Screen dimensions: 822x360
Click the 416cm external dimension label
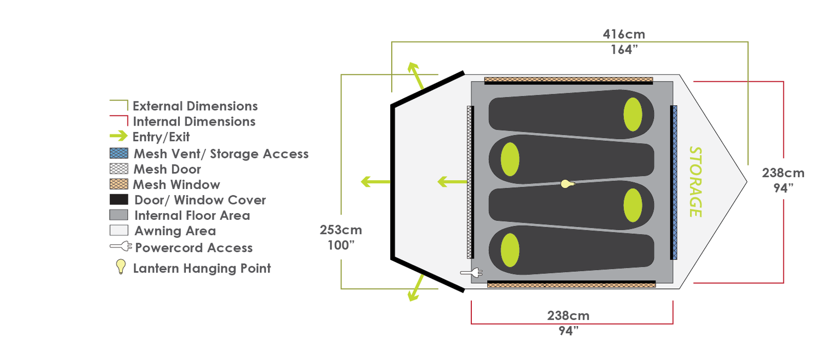click(x=624, y=35)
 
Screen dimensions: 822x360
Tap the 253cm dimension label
click(x=341, y=230)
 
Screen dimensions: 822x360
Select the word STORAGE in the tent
click(x=695, y=182)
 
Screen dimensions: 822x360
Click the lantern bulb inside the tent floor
click(x=568, y=184)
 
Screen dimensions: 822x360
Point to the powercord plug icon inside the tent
click(x=471, y=273)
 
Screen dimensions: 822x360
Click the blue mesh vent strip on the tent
click(x=674, y=182)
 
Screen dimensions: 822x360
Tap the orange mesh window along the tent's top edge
click(x=568, y=79)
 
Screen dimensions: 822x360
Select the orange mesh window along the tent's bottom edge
click(x=572, y=285)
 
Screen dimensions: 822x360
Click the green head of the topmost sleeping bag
click(x=632, y=114)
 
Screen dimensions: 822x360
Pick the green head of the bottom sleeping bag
click(x=510, y=250)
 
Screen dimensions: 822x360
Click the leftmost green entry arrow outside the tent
click(x=375, y=182)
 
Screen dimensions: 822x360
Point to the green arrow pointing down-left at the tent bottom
click(x=416, y=288)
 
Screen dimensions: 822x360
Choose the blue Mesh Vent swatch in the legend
click(x=119, y=153)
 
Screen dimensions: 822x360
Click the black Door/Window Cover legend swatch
click(x=119, y=199)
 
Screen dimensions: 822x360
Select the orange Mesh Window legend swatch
click(x=119, y=184)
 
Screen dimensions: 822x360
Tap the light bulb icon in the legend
click(x=121, y=266)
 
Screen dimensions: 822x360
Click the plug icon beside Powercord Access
click(x=121, y=246)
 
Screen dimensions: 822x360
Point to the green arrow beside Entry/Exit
click(x=118, y=136)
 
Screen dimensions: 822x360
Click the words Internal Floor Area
click(x=192, y=215)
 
